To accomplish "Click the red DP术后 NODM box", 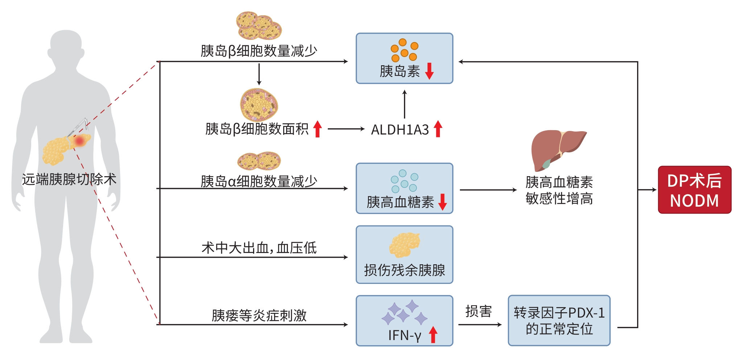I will [694, 190].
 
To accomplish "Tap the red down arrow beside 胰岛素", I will [430, 71].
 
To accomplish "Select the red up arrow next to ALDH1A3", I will [438, 129].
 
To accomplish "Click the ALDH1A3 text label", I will [400, 129].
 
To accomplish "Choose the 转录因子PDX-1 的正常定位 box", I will [559, 320].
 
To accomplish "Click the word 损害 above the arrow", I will [478, 311].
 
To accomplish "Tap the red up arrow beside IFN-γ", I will [433, 334].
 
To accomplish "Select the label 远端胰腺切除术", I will [69, 179].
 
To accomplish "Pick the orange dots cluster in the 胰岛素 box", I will [404, 50].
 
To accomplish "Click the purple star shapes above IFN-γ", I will [404, 312].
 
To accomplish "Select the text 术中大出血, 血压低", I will [259, 248].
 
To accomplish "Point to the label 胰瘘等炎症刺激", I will [259, 315].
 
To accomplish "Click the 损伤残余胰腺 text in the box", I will [404, 270].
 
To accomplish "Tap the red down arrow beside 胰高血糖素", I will [442, 202].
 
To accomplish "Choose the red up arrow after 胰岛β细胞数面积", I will [318, 129].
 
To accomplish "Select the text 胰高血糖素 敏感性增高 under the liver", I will [559, 190].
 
